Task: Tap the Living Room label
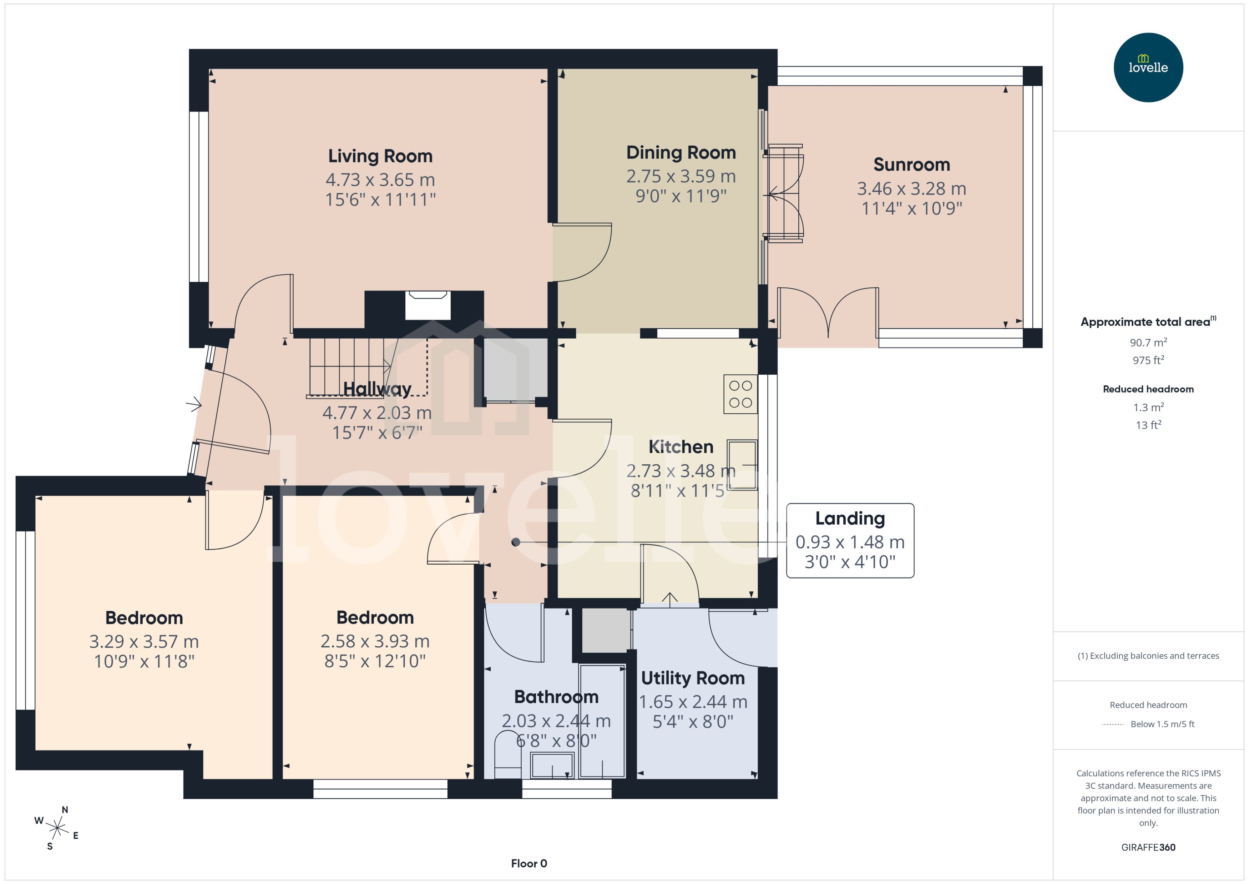[380, 156]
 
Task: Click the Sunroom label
[911, 165]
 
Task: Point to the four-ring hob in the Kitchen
[740, 394]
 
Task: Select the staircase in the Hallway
[348, 366]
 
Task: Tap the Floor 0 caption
[529, 863]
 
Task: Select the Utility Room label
[692, 678]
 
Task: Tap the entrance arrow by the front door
[194, 404]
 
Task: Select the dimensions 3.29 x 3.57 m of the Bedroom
[144, 642]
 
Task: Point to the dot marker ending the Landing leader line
[515, 542]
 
